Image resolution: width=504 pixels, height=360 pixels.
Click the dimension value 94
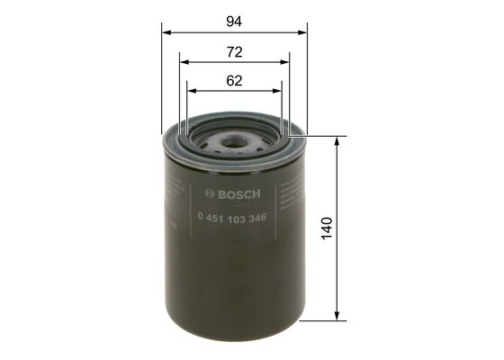235,19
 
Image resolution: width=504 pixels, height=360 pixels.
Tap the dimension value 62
235,80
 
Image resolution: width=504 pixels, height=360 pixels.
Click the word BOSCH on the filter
238,193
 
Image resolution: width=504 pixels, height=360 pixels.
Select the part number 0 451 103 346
230,218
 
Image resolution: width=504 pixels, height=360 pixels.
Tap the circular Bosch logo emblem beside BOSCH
210,193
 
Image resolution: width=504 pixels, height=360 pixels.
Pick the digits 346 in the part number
256,218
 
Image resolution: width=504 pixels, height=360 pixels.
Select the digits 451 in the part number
213,218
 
